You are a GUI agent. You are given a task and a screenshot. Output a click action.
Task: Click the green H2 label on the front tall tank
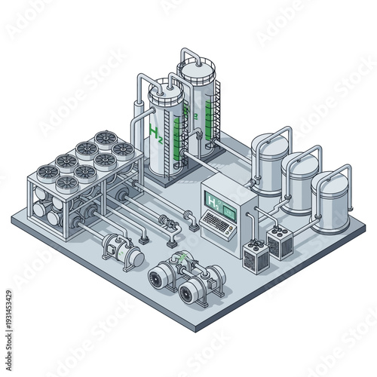click(156, 136)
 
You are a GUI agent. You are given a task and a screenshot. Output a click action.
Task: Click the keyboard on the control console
click(218, 222)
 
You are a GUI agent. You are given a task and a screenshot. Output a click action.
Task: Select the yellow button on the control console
click(234, 213)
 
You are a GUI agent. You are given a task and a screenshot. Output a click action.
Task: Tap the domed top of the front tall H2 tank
click(165, 91)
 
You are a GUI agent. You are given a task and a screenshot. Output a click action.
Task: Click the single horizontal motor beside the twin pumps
click(123, 253)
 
